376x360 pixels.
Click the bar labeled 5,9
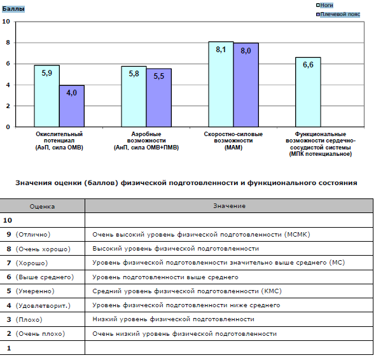pos(46,96)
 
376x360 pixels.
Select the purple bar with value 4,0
pos(72,106)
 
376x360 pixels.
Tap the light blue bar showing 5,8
pos(134,97)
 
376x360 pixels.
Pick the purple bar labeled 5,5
pos(159,98)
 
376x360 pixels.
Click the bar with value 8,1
pos(221,85)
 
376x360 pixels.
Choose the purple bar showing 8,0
pos(246,85)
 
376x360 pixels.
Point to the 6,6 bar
pos(308,92)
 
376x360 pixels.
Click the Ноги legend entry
pos(324,5)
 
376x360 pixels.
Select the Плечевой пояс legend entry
pos(338,15)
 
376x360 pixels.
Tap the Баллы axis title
pos(13,9)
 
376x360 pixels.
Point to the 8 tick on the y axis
pos(8,43)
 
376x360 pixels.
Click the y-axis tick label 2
pos(8,106)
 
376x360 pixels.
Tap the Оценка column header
pos(42,206)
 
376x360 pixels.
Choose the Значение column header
pos(230,206)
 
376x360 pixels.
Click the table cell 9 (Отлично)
pos(29,235)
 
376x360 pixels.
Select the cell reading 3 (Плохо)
pos(24,319)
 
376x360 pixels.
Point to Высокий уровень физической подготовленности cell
pos(176,249)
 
